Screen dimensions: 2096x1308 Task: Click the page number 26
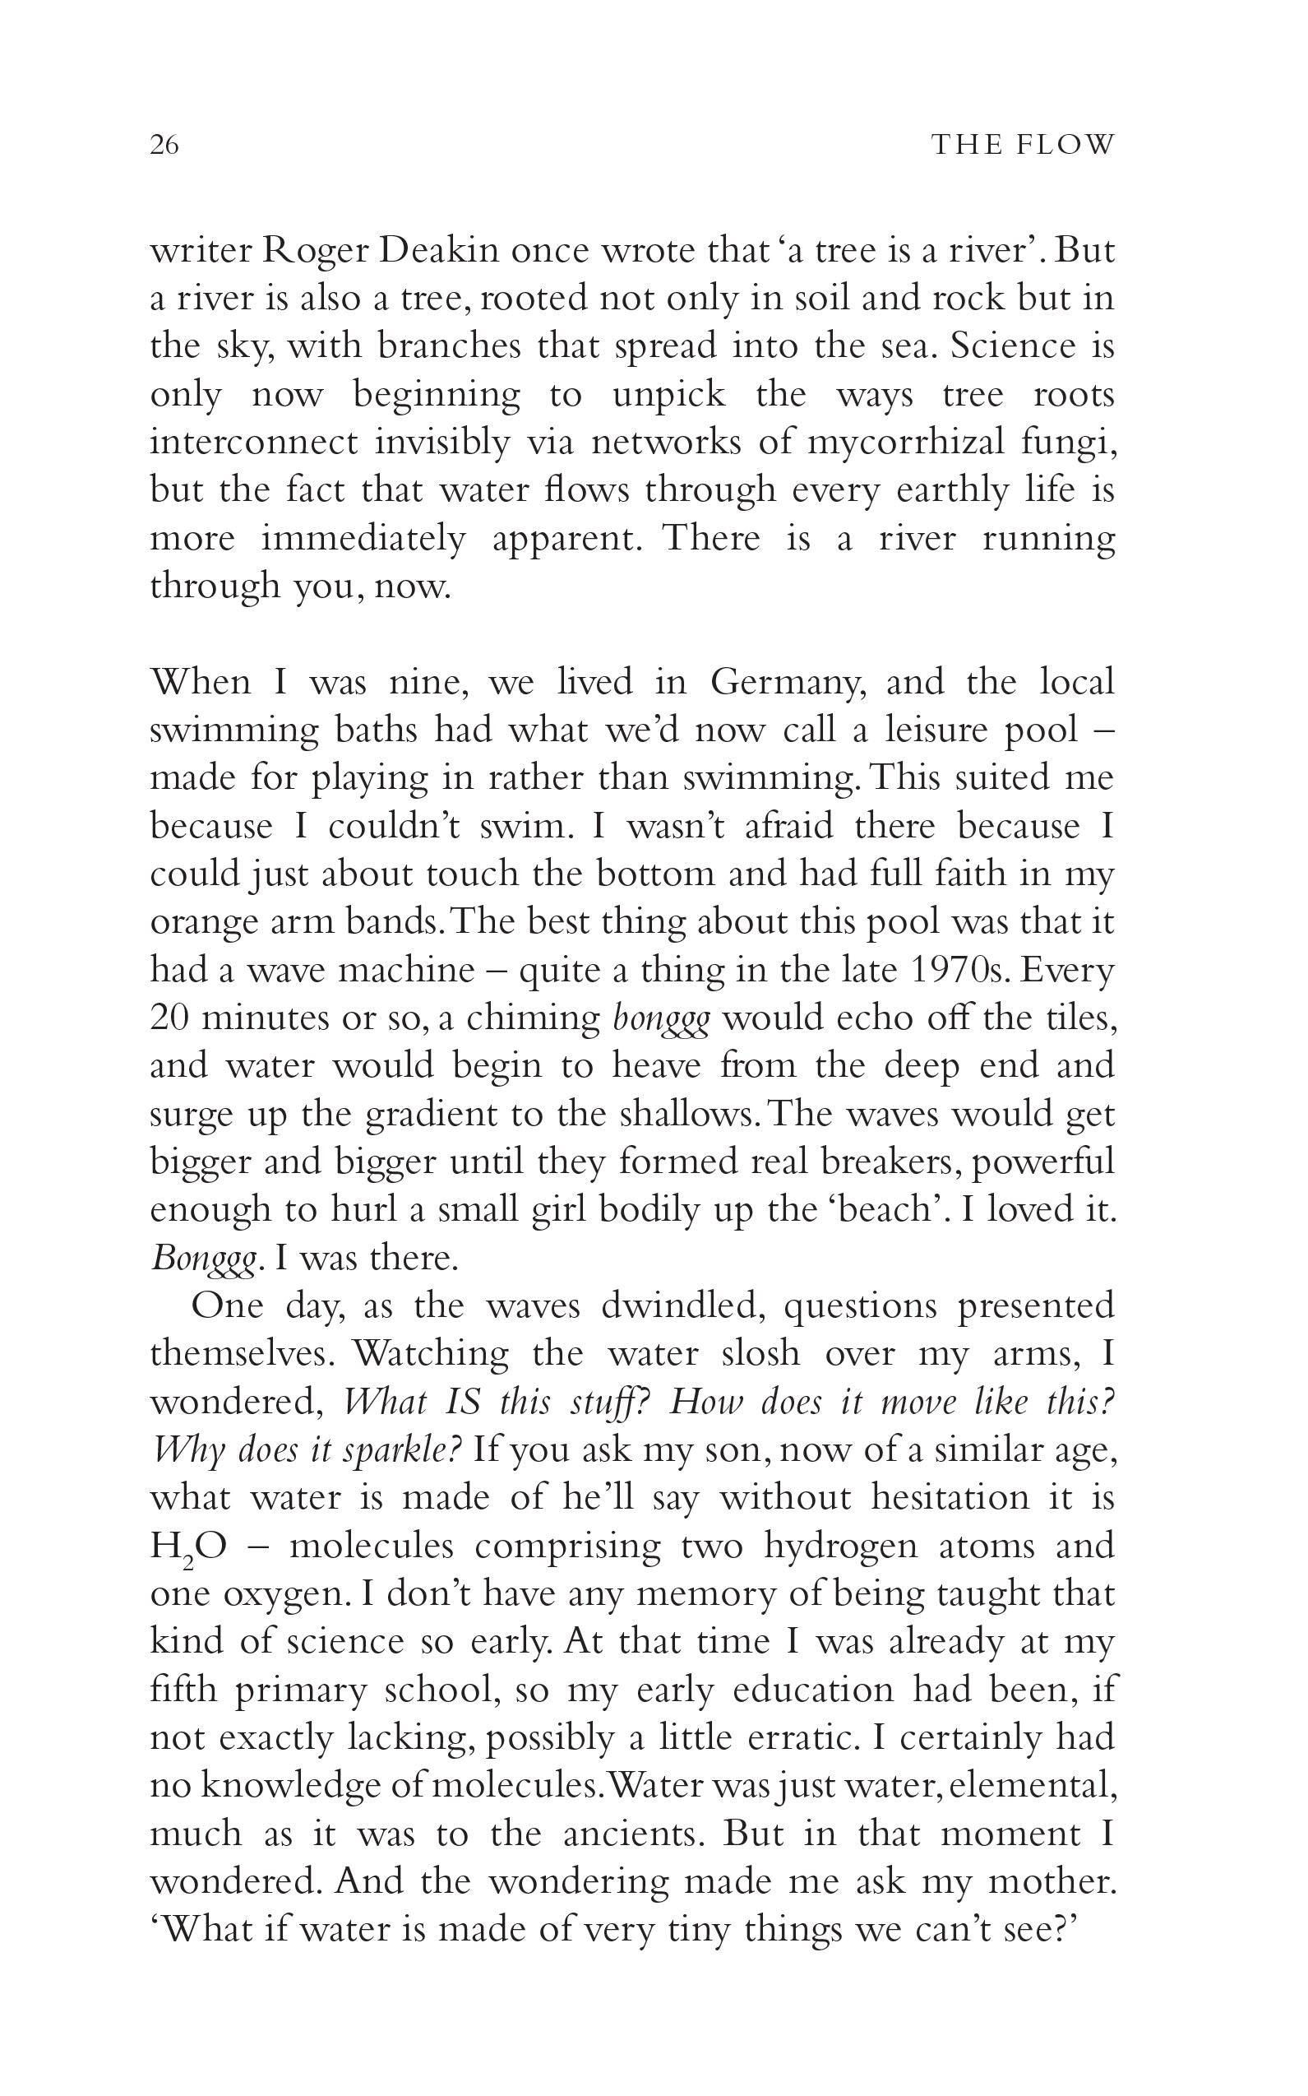click(x=164, y=145)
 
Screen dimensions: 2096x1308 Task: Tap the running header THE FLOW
click(x=1023, y=145)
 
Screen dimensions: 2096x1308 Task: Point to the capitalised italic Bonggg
click(x=204, y=1259)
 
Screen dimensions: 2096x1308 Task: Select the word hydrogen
click(x=840, y=1546)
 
